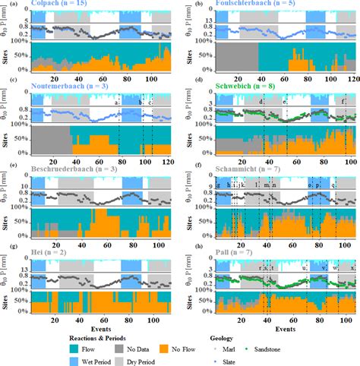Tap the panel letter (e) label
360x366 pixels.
[x=6, y=174]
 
